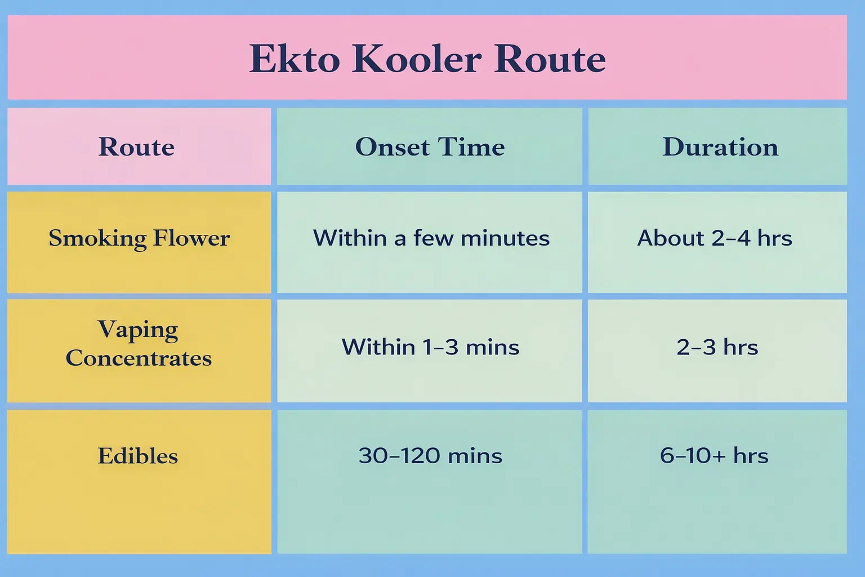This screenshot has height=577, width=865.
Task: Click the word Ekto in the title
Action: click(x=295, y=59)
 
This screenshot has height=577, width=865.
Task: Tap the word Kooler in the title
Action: click(x=417, y=59)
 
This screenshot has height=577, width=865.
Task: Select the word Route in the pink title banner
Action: click(x=550, y=59)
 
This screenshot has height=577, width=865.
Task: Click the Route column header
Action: click(x=137, y=147)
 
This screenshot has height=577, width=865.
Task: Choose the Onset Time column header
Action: click(x=430, y=147)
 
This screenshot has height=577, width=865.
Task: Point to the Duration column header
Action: click(x=720, y=147)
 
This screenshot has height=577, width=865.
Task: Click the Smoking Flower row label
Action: click(x=139, y=238)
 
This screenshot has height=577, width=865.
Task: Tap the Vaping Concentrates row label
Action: click(x=139, y=344)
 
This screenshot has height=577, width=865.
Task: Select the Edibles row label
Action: click(x=138, y=456)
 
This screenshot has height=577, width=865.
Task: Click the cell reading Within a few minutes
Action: click(x=431, y=238)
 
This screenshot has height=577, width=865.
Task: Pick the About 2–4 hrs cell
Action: click(x=715, y=238)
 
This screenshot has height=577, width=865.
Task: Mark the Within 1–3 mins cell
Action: click(x=430, y=347)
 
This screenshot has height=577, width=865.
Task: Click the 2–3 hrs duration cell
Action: click(x=717, y=347)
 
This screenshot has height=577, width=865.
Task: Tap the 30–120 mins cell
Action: click(x=430, y=456)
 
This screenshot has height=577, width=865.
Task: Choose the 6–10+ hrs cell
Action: click(x=714, y=456)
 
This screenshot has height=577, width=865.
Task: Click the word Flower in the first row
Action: click(x=191, y=238)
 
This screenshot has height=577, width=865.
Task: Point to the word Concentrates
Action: click(x=139, y=358)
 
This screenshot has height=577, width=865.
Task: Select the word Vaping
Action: click(x=138, y=330)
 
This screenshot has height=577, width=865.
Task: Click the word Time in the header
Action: click(x=471, y=147)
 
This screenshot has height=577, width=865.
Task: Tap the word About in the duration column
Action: click(x=671, y=238)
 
